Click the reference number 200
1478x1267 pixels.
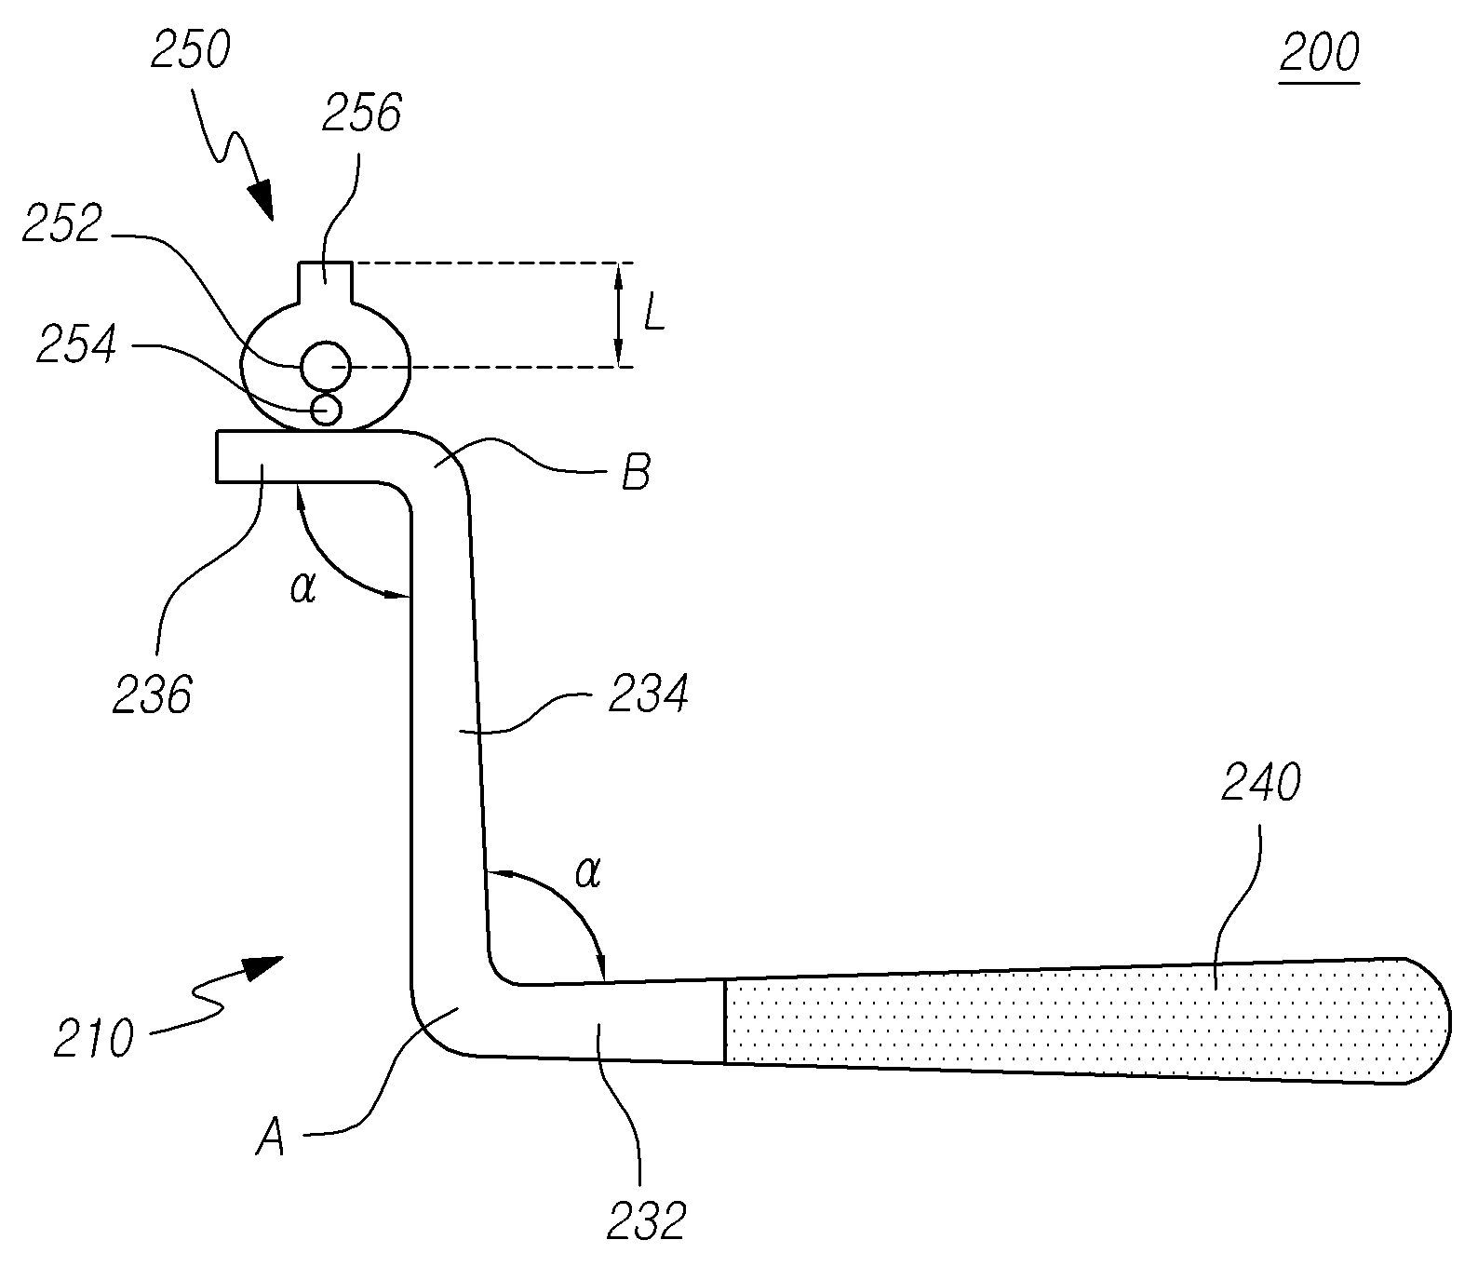[1320, 53]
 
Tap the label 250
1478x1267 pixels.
[190, 51]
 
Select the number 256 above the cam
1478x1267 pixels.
[361, 115]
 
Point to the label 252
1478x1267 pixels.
[62, 224]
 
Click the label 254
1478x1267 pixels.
[77, 344]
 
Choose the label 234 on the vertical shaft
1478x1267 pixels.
[649, 694]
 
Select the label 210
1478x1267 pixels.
[93, 1038]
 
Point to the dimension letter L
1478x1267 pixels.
[654, 317]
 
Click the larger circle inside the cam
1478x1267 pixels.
[326, 367]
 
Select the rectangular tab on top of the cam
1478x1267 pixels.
[325, 282]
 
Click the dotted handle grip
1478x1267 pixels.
[1084, 1020]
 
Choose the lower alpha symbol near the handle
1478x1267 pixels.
[588, 873]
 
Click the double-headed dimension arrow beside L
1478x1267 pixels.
[618, 315]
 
